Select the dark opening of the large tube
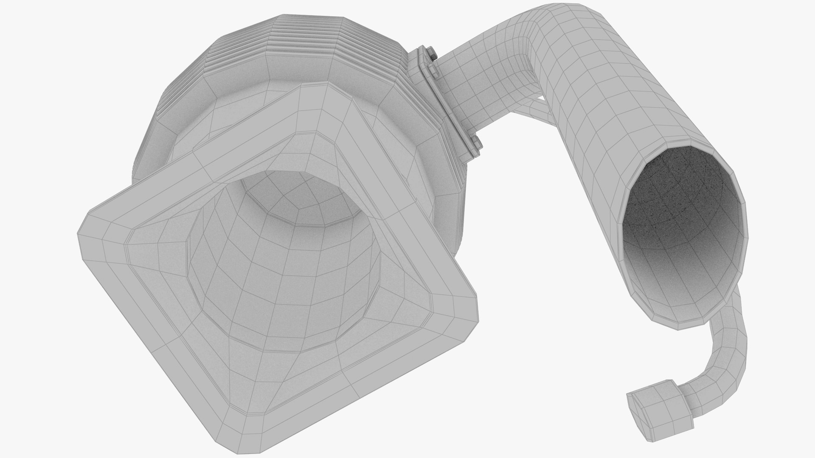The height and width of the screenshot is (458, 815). [x=683, y=221]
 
